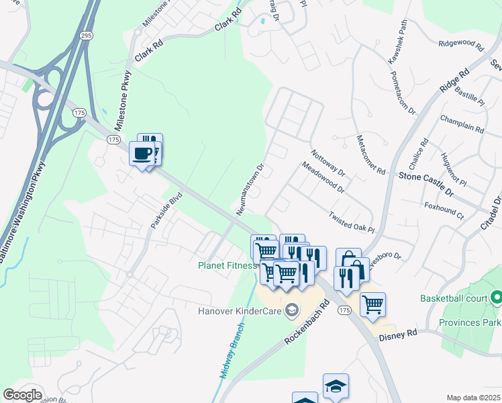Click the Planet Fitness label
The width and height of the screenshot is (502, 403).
pyautogui.click(x=228, y=265)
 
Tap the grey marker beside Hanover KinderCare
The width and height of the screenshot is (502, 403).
pyautogui.click(x=291, y=310)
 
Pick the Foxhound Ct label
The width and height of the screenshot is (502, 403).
pyautogui.click(x=444, y=209)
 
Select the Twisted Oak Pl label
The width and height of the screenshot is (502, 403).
pyautogui.click(x=351, y=222)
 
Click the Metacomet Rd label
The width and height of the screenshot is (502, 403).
pyautogui.click(x=370, y=153)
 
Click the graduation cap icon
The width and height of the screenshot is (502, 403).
pyautogui.click(x=336, y=386)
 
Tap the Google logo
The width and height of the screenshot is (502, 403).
pyautogui.click(x=22, y=395)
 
